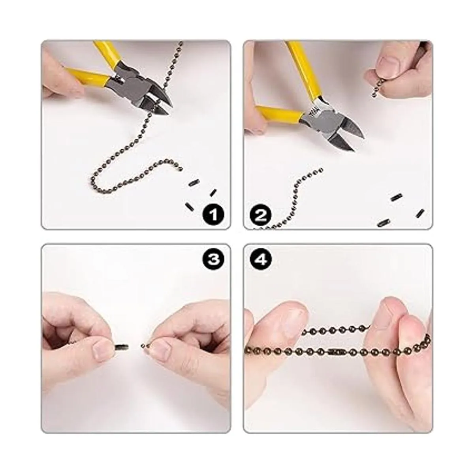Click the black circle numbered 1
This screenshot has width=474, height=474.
[x=213, y=214]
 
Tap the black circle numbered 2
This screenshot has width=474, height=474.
[x=260, y=214]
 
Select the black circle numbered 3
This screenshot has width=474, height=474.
[x=213, y=259]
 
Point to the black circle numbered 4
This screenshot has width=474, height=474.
[x=260, y=259]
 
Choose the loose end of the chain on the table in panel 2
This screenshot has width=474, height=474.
[x=320, y=170]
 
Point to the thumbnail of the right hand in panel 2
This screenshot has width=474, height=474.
[x=388, y=65]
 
